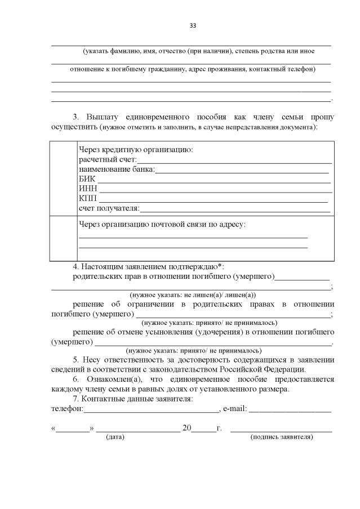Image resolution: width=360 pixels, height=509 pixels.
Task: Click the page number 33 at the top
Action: pos(193,26)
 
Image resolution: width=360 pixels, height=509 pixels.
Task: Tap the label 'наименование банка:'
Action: pos(116,169)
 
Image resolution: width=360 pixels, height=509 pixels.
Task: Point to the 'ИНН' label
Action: pos(88,189)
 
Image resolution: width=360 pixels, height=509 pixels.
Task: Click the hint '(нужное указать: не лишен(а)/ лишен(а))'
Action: pos(193,294)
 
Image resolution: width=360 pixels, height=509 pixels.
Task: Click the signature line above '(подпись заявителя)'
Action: pos(281,431)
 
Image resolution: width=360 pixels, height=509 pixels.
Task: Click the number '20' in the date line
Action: pos(187,428)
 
